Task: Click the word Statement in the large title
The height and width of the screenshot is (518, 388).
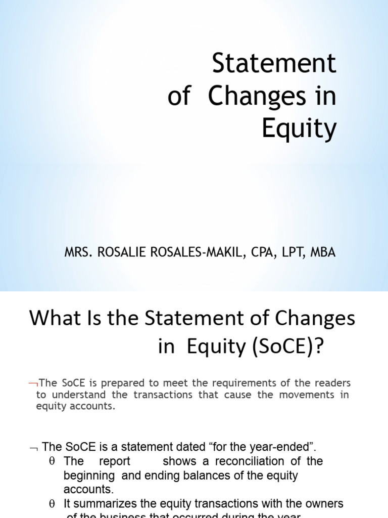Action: (x=274, y=64)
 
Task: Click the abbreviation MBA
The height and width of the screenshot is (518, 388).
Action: (x=322, y=252)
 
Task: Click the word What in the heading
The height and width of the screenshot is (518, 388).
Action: (x=52, y=319)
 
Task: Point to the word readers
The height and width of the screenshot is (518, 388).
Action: (x=331, y=383)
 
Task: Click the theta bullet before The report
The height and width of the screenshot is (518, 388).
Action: (x=52, y=461)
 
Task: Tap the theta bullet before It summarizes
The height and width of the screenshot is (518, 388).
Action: (x=52, y=504)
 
